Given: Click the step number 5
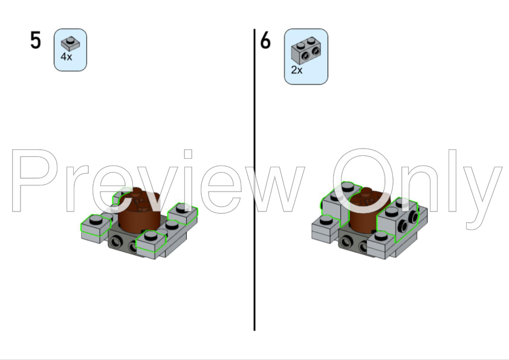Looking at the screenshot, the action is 36,40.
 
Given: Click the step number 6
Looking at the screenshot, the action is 265,40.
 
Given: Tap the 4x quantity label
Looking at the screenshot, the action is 66,57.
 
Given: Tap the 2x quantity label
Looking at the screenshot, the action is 297,69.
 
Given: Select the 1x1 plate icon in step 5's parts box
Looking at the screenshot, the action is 71,43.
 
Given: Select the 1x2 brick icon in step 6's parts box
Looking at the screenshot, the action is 306,50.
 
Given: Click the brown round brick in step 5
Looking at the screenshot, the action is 139,211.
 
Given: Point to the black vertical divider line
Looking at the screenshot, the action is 254,179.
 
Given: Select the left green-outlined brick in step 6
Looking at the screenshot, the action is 337,203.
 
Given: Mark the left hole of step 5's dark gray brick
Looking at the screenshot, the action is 115,242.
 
